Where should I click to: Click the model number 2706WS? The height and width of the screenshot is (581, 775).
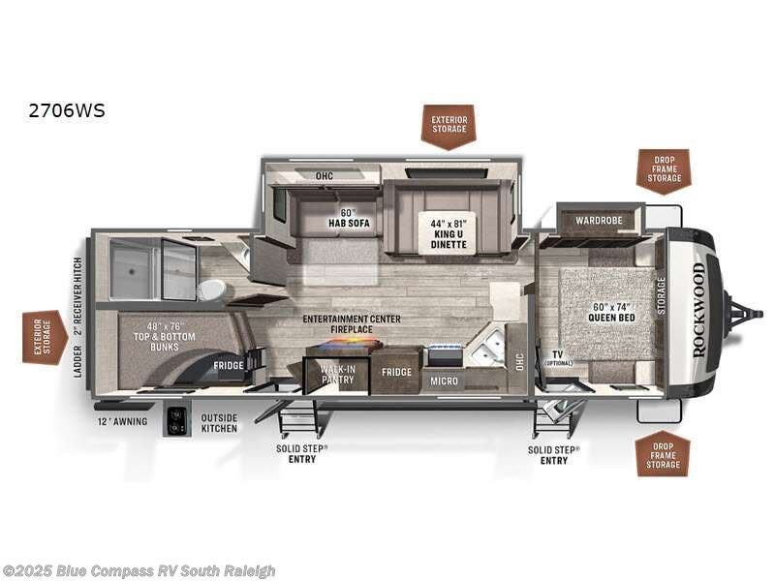pyautogui.click(x=67, y=110)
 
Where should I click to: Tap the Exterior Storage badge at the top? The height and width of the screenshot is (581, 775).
pyautogui.click(x=448, y=126)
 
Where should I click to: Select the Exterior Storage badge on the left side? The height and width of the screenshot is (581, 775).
pyautogui.click(x=45, y=337)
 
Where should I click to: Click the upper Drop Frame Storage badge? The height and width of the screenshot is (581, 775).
pyautogui.click(x=664, y=170)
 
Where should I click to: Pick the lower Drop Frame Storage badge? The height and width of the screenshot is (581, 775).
pyautogui.click(x=664, y=452)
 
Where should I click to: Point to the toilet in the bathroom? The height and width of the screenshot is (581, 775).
pyautogui.click(x=210, y=289)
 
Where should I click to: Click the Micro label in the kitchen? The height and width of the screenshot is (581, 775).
pyautogui.click(x=444, y=381)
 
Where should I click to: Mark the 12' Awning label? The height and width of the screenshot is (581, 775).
pyautogui.click(x=122, y=421)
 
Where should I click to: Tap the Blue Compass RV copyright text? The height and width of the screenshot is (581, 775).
pyautogui.click(x=139, y=570)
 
